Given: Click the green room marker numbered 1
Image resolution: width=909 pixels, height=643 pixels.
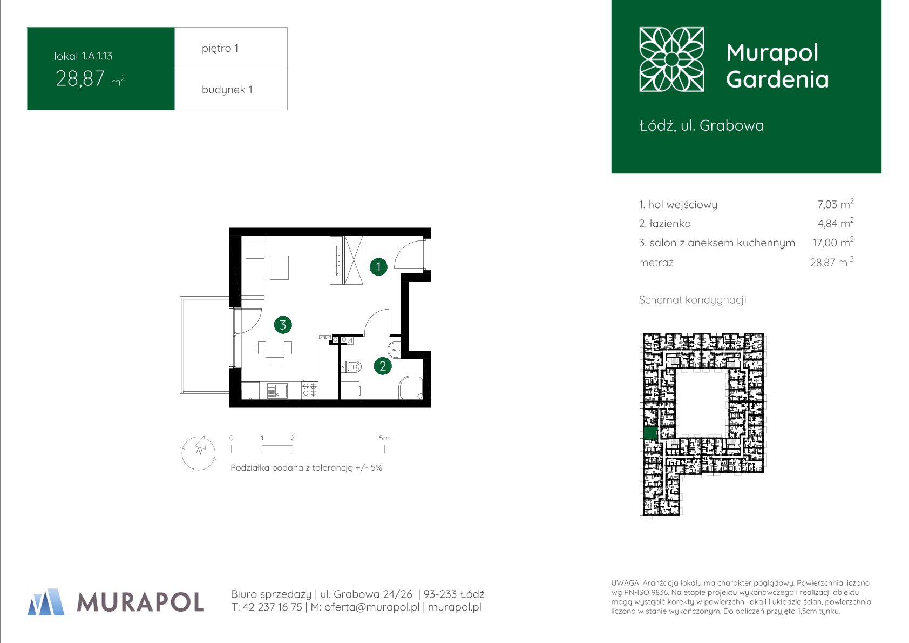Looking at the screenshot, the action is coord(378,267).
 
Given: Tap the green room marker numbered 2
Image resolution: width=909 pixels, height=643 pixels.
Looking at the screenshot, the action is coord(382,366).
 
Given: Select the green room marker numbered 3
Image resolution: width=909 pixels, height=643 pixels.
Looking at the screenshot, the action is coord(283,325).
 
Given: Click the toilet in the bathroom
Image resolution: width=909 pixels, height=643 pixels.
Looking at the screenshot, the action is coord(351,367).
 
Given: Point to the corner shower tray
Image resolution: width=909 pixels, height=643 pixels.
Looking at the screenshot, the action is coord(411,387).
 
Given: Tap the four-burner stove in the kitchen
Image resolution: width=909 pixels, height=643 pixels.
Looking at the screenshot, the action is coord(310,390).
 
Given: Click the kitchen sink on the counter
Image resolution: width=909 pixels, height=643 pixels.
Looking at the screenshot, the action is coord(277,391).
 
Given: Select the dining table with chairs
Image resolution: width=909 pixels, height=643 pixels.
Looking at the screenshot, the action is coord(275,348).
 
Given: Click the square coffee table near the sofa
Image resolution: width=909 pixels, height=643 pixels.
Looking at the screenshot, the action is coord(279,267).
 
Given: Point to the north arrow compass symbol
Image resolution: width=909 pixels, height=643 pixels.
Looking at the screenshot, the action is coord(199,453).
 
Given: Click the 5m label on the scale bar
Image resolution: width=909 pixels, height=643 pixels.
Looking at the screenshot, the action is coord(384,438).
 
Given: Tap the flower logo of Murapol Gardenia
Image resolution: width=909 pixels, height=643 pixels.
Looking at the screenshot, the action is coord(671,59).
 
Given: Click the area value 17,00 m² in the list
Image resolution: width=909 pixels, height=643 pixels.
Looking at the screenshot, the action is coord(833,243).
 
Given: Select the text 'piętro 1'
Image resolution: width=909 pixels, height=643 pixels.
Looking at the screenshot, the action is coord(220,49).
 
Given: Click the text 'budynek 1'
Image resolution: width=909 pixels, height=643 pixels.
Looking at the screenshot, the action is coord(227,90).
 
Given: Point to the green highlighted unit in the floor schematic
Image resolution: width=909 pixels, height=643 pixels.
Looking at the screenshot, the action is coord(650,433).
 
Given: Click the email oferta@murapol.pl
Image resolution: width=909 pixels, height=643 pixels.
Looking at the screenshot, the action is coord(372,607).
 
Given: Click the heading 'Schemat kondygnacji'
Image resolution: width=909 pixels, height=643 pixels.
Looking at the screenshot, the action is coord(693,300).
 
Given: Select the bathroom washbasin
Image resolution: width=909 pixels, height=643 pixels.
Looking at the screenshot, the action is coord(395,349).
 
